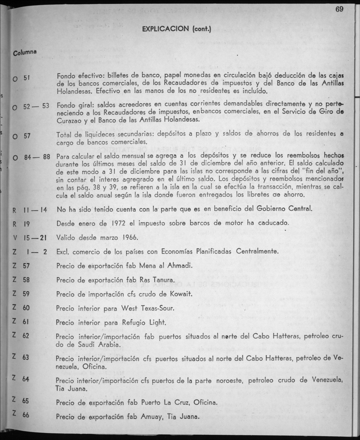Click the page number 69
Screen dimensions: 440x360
tap(339, 9)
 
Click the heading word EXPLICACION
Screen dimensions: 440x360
tap(166, 29)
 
